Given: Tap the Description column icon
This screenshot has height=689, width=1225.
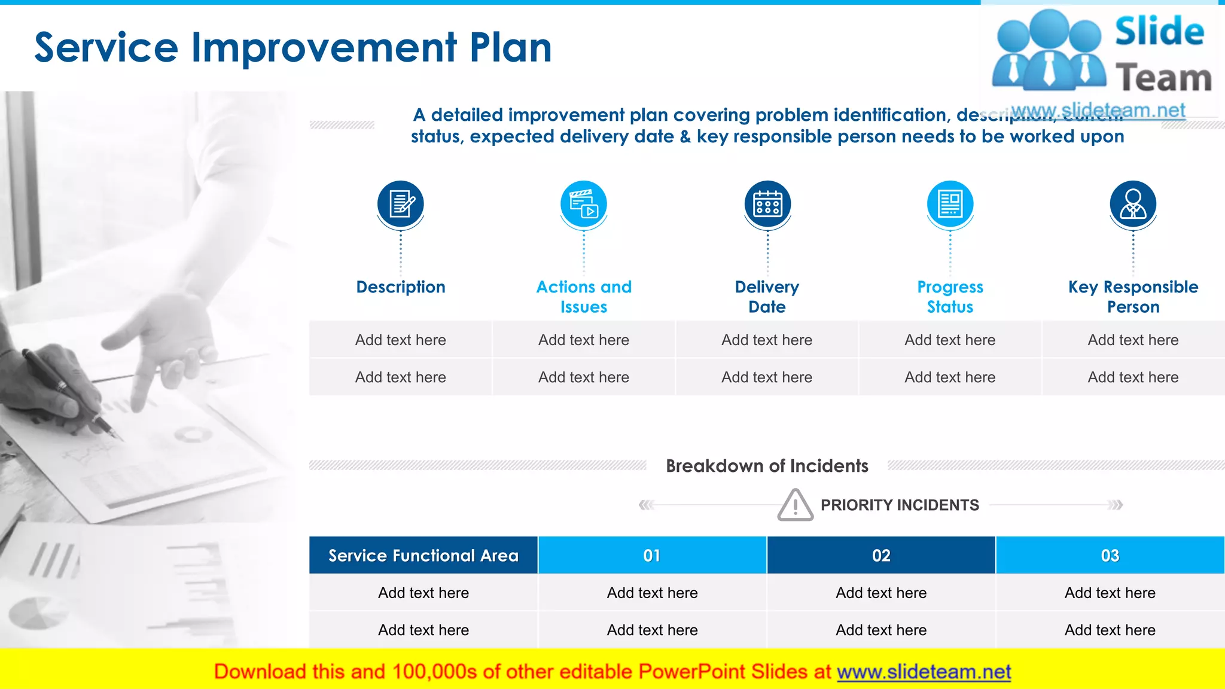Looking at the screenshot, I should click(x=401, y=204).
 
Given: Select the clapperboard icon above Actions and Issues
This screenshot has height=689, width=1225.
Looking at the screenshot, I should click(x=584, y=204).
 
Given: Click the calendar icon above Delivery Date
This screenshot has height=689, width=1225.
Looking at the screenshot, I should click(x=767, y=204).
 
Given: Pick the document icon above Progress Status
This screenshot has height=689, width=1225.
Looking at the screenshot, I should click(x=950, y=204).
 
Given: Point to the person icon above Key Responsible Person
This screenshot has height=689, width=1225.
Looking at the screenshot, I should click(x=1133, y=204).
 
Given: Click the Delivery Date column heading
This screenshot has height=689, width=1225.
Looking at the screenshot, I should click(x=767, y=297).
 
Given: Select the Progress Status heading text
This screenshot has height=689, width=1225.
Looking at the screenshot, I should click(x=950, y=297).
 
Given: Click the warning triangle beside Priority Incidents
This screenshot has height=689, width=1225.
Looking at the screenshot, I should click(x=795, y=505).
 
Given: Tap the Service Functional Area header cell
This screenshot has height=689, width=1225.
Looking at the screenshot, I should click(x=423, y=556).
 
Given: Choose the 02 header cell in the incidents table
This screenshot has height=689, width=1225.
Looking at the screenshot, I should click(x=881, y=556).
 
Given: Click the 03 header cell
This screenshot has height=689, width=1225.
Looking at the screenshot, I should click(x=1110, y=556).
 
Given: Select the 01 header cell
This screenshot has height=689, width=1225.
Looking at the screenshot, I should click(x=652, y=556).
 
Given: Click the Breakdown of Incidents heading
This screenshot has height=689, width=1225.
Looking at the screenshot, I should click(x=767, y=466).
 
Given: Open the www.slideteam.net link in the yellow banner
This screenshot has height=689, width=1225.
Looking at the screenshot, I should click(x=924, y=672).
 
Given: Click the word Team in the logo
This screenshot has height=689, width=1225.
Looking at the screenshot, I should click(x=1163, y=78).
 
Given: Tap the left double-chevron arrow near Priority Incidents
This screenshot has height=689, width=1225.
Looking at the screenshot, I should click(x=646, y=505).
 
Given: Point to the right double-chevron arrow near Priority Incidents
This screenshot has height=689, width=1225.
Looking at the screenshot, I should click(x=1116, y=505).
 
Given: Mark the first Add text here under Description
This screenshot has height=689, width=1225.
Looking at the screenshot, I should click(x=401, y=340).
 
